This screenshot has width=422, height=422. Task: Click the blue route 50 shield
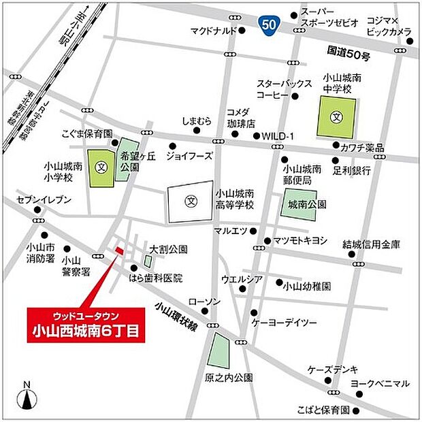270,25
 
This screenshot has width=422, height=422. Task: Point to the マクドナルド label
213,31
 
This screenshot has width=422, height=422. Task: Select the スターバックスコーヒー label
282,90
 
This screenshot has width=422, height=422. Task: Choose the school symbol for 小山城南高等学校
191,202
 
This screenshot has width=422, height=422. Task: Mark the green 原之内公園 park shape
219,351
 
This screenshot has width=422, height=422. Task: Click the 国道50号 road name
348,50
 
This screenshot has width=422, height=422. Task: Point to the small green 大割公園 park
148,261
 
